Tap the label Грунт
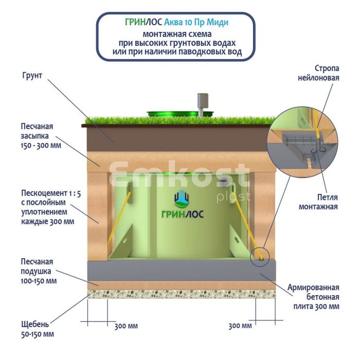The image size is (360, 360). [x=32, y=76]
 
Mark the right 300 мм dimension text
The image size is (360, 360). [x=240, y=326]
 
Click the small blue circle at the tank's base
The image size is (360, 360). [x=260, y=256]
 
